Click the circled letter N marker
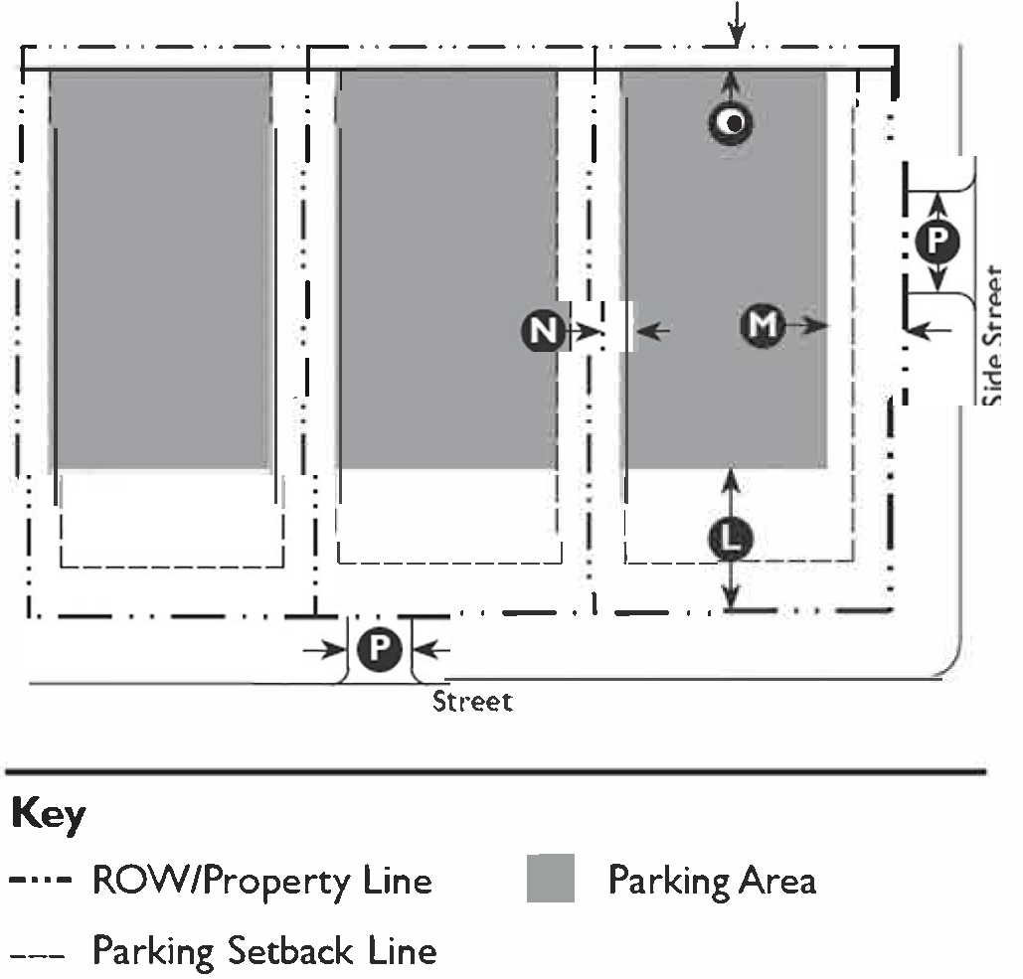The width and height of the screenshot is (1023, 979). (x=542, y=329)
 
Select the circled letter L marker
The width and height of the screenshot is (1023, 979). (x=731, y=540)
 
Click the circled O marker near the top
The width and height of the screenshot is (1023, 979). (x=731, y=122)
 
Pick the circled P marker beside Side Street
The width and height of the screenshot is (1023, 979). (x=938, y=240)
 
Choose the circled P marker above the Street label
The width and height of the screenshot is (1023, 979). (x=378, y=650)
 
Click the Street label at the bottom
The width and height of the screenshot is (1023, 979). (x=473, y=702)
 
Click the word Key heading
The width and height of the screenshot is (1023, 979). (x=48, y=816)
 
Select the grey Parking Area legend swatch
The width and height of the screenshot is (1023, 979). (x=551, y=879)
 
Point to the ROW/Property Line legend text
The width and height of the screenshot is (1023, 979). (x=262, y=881)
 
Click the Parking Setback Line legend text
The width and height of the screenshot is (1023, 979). (x=264, y=951)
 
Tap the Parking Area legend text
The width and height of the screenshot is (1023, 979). (x=712, y=881)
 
